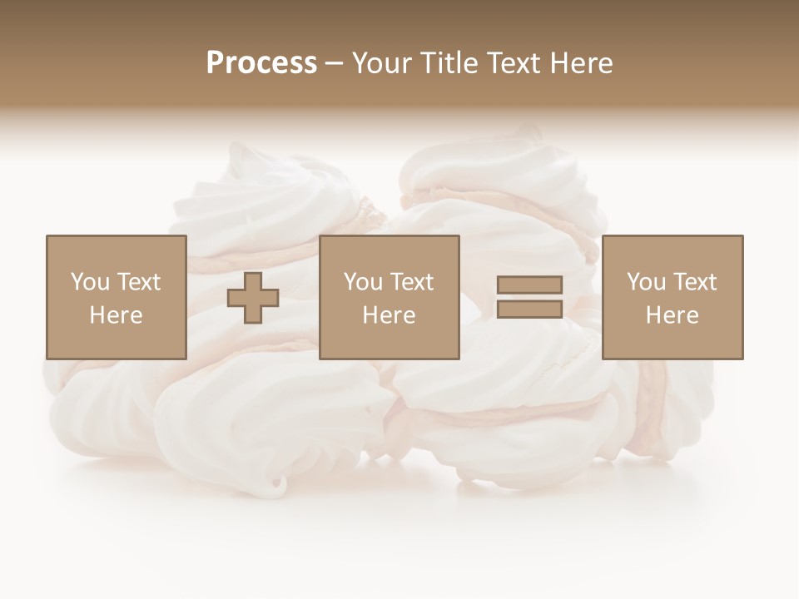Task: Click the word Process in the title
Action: click(x=261, y=63)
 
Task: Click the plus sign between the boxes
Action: click(x=253, y=298)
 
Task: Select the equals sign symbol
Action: click(x=529, y=297)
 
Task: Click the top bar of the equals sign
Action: click(x=529, y=285)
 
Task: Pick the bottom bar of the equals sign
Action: click(x=529, y=309)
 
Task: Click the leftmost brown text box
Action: click(x=117, y=297)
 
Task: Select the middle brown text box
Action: click(x=390, y=297)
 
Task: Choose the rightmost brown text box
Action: click(x=672, y=297)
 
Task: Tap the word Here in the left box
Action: click(x=117, y=315)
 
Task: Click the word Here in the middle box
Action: click(x=390, y=315)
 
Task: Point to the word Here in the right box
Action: click(x=672, y=315)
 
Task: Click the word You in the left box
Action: click(x=90, y=282)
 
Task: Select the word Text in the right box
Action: click(x=694, y=282)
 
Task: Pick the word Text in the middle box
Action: click(x=411, y=282)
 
